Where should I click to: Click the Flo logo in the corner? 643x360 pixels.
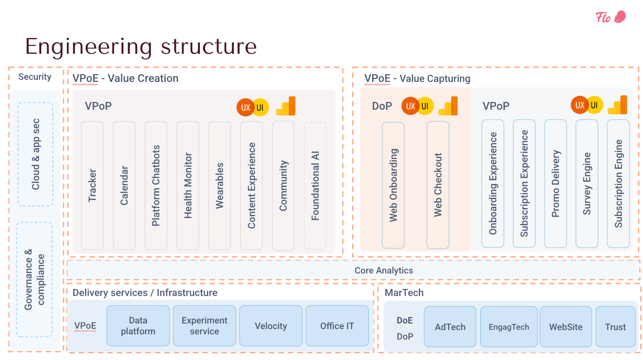point(611,17)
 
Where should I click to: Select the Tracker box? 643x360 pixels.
point(92,186)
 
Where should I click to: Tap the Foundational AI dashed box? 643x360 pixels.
point(315,186)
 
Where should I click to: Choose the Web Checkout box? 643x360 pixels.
point(438,185)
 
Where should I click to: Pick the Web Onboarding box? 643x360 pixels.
point(393,185)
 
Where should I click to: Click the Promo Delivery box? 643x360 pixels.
point(555,184)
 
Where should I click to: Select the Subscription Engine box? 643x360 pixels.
point(618,184)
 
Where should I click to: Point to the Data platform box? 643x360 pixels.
point(138,325)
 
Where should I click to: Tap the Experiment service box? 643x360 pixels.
point(205,325)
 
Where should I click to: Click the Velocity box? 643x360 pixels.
point(271,325)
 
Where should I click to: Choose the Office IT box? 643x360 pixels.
point(337,325)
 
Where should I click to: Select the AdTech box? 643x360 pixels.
point(450,327)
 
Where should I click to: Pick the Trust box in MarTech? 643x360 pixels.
point(615,327)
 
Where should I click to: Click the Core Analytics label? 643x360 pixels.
point(384,270)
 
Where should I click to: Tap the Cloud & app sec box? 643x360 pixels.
point(36,154)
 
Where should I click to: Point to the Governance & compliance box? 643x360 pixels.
point(35,279)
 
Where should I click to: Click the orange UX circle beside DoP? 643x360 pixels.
point(410,106)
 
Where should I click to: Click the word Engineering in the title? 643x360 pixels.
point(89,47)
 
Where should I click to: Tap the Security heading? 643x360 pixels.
point(35,77)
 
